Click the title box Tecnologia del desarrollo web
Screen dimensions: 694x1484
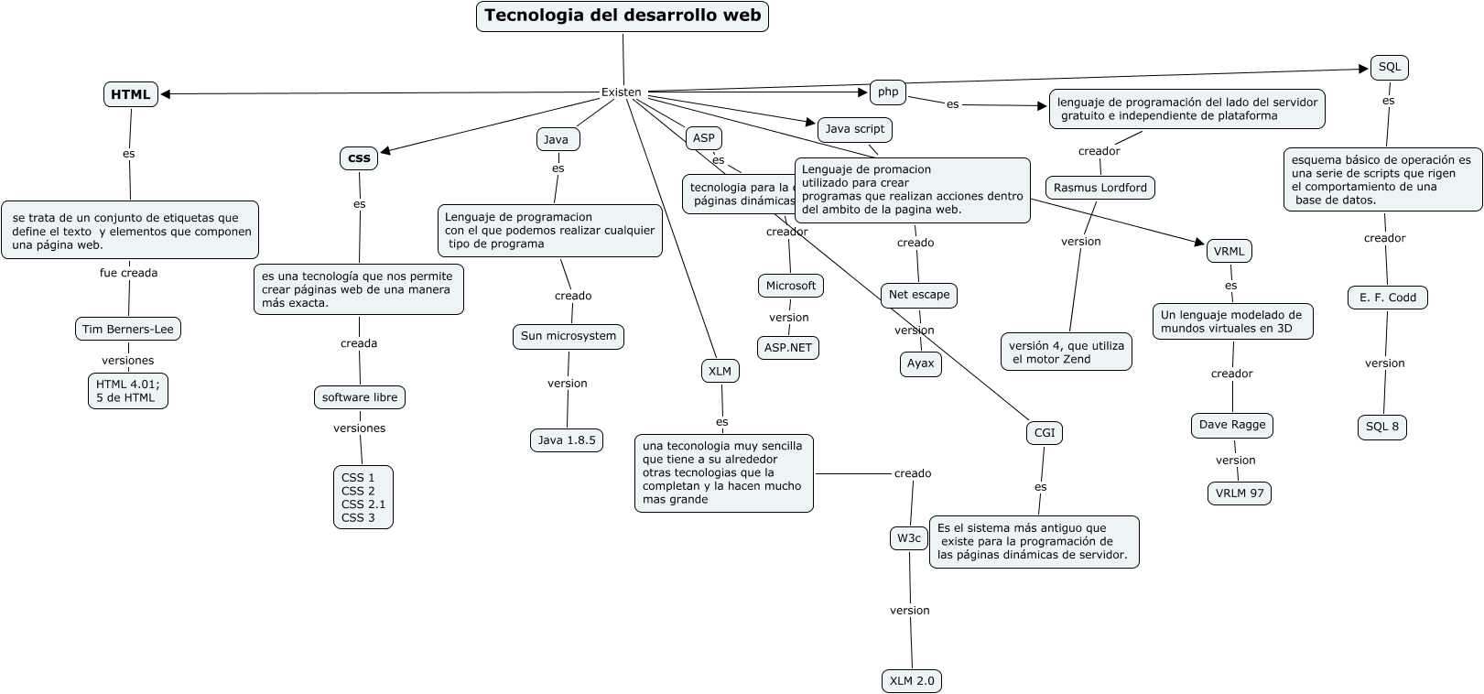[623, 16]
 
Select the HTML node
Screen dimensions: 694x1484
[131, 94]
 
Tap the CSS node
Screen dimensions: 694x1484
[360, 158]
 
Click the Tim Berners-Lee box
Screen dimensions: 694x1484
[128, 329]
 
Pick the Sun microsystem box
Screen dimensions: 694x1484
[569, 336]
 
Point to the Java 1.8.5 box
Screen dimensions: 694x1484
[567, 440]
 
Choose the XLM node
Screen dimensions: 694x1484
[720, 371]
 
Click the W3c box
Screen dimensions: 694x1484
[909, 538]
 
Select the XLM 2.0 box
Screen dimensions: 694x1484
[912, 680]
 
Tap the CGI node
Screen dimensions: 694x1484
[1045, 432]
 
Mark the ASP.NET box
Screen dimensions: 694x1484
[788, 348]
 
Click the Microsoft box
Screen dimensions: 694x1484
[791, 286]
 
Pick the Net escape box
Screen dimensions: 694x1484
[919, 295]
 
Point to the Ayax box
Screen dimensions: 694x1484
[920, 363]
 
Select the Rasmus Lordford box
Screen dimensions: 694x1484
[1100, 188]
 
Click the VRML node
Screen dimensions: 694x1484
[1229, 251]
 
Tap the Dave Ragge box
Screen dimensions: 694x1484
[1232, 425]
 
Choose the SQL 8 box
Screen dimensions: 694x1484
[1382, 427]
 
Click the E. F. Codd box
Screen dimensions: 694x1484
[1388, 298]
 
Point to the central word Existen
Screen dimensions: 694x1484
[621, 92]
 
